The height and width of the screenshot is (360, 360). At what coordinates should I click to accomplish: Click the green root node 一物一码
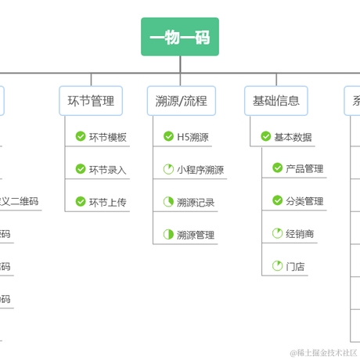[x=179, y=37]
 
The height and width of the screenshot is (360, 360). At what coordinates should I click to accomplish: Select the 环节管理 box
[x=91, y=100]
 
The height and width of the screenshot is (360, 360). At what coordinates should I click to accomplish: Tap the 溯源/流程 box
[x=181, y=100]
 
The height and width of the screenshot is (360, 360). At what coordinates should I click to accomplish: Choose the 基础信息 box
[x=275, y=100]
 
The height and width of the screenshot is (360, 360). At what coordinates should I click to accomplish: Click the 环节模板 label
[x=107, y=137]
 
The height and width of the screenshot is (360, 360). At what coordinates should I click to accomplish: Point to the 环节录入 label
[x=107, y=169]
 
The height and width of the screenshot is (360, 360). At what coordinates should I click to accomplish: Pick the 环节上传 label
[x=107, y=202]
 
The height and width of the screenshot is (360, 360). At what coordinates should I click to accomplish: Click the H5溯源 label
[x=193, y=137]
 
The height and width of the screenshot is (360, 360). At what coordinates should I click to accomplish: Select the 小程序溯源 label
[x=200, y=169]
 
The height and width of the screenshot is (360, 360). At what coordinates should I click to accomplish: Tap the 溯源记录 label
[x=196, y=202]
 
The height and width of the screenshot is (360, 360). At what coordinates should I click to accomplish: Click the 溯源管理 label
[x=196, y=235]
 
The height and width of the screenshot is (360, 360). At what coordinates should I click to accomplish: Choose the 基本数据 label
[x=293, y=137]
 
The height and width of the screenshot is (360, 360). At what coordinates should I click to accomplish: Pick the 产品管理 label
[x=304, y=168]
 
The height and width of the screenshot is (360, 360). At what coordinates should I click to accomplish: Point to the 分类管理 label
[x=304, y=201]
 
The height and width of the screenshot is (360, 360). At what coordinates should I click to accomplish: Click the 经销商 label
[x=301, y=233]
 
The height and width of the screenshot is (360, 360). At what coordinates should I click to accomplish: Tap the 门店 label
[x=296, y=266]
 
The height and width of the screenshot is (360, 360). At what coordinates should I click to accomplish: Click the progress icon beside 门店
[x=277, y=266]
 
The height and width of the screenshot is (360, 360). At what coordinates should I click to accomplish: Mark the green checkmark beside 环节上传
[x=81, y=202]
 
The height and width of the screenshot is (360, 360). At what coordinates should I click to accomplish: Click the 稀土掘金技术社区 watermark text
[x=323, y=353]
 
